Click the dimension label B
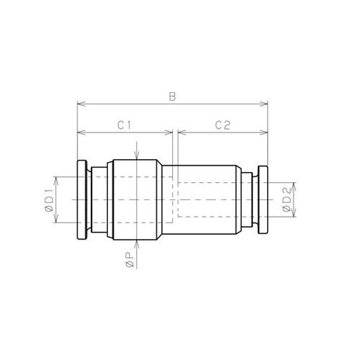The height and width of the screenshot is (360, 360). click(172, 96)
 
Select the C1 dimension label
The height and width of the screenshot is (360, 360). click(125, 125)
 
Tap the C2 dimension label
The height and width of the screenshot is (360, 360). click(222, 125)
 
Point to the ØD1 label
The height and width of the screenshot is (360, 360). click(49, 200)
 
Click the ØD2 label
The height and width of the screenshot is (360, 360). click(287, 199)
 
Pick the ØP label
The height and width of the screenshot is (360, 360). click(130, 260)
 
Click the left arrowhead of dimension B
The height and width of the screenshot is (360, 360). click(81, 104)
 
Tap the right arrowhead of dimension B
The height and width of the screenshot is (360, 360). click(264, 104)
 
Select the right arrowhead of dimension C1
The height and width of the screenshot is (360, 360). click(168, 132)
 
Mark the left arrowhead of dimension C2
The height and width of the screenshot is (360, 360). click(182, 132)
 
